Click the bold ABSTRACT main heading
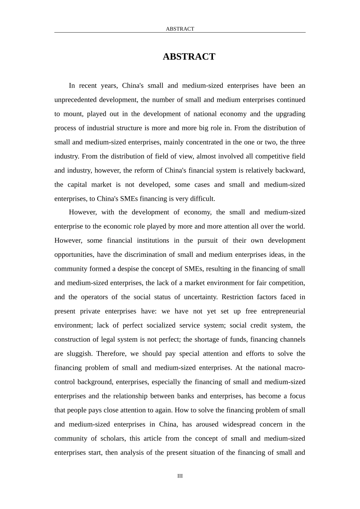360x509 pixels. (x=189, y=57)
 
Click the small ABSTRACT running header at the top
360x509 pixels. (x=180, y=29)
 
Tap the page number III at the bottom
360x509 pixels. (x=180, y=476)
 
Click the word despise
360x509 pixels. (x=128, y=269)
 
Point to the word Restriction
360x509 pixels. (x=237, y=297)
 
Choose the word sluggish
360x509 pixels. (x=79, y=354)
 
